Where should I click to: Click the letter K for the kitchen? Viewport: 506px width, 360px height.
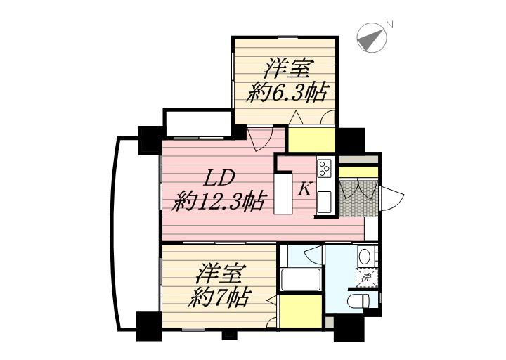pyautogui.click(x=306, y=188)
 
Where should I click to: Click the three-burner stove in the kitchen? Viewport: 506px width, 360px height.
pyautogui.click(x=325, y=169)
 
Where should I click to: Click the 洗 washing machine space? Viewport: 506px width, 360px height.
pyautogui.click(x=365, y=277)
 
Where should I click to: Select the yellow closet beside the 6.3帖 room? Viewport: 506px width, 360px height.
pyautogui.click(x=311, y=139)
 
